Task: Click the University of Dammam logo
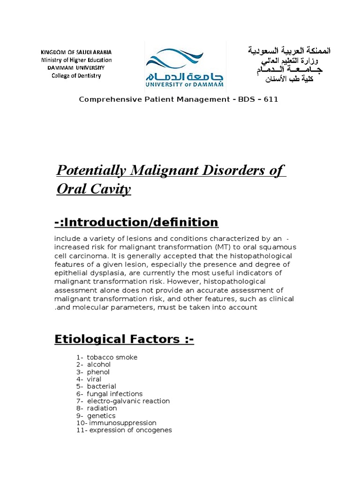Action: (184, 67)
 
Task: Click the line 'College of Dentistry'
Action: (76, 75)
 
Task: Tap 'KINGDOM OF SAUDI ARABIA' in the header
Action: (76, 52)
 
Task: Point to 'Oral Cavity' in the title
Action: (94, 189)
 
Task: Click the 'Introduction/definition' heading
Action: (141, 222)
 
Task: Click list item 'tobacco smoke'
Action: (112, 357)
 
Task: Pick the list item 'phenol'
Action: (98, 372)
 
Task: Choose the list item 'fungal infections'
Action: (114, 394)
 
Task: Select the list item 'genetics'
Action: (101, 416)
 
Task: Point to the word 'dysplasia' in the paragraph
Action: (101, 273)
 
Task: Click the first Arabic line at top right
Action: (289, 50)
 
